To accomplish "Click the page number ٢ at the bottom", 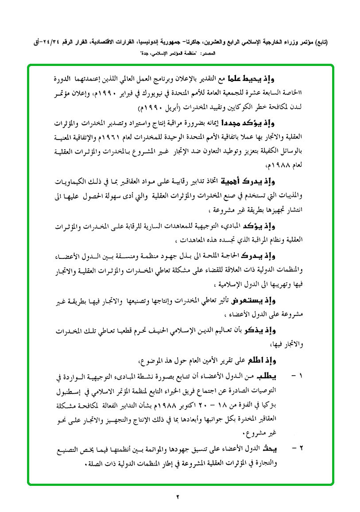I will click(x=178, y=497).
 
